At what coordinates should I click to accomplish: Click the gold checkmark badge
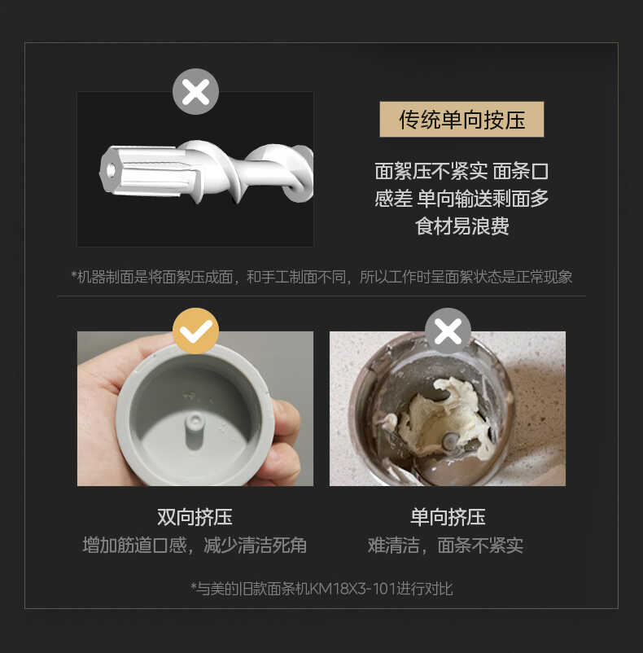pyautogui.click(x=195, y=331)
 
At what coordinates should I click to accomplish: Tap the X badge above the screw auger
pyautogui.click(x=195, y=91)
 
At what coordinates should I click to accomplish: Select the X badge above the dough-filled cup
pyautogui.click(x=448, y=331)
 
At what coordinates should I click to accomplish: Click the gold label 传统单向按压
pyautogui.click(x=461, y=120)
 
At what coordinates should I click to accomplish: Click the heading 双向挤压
pyautogui.click(x=195, y=516)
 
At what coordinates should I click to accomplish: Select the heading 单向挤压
pyautogui.click(x=448, y=516)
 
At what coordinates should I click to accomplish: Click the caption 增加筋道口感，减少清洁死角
pyautogui.click(x=195, y=545)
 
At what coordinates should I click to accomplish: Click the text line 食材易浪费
pyautogui.click(x=461, y=226)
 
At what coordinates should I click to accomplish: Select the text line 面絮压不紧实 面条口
pyautogui.click(x=461, y=171)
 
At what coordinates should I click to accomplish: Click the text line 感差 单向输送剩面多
pyautogui.click(x=461, y=198)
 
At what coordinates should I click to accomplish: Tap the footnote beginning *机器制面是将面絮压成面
pyautogui.click(x=321, y=277)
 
